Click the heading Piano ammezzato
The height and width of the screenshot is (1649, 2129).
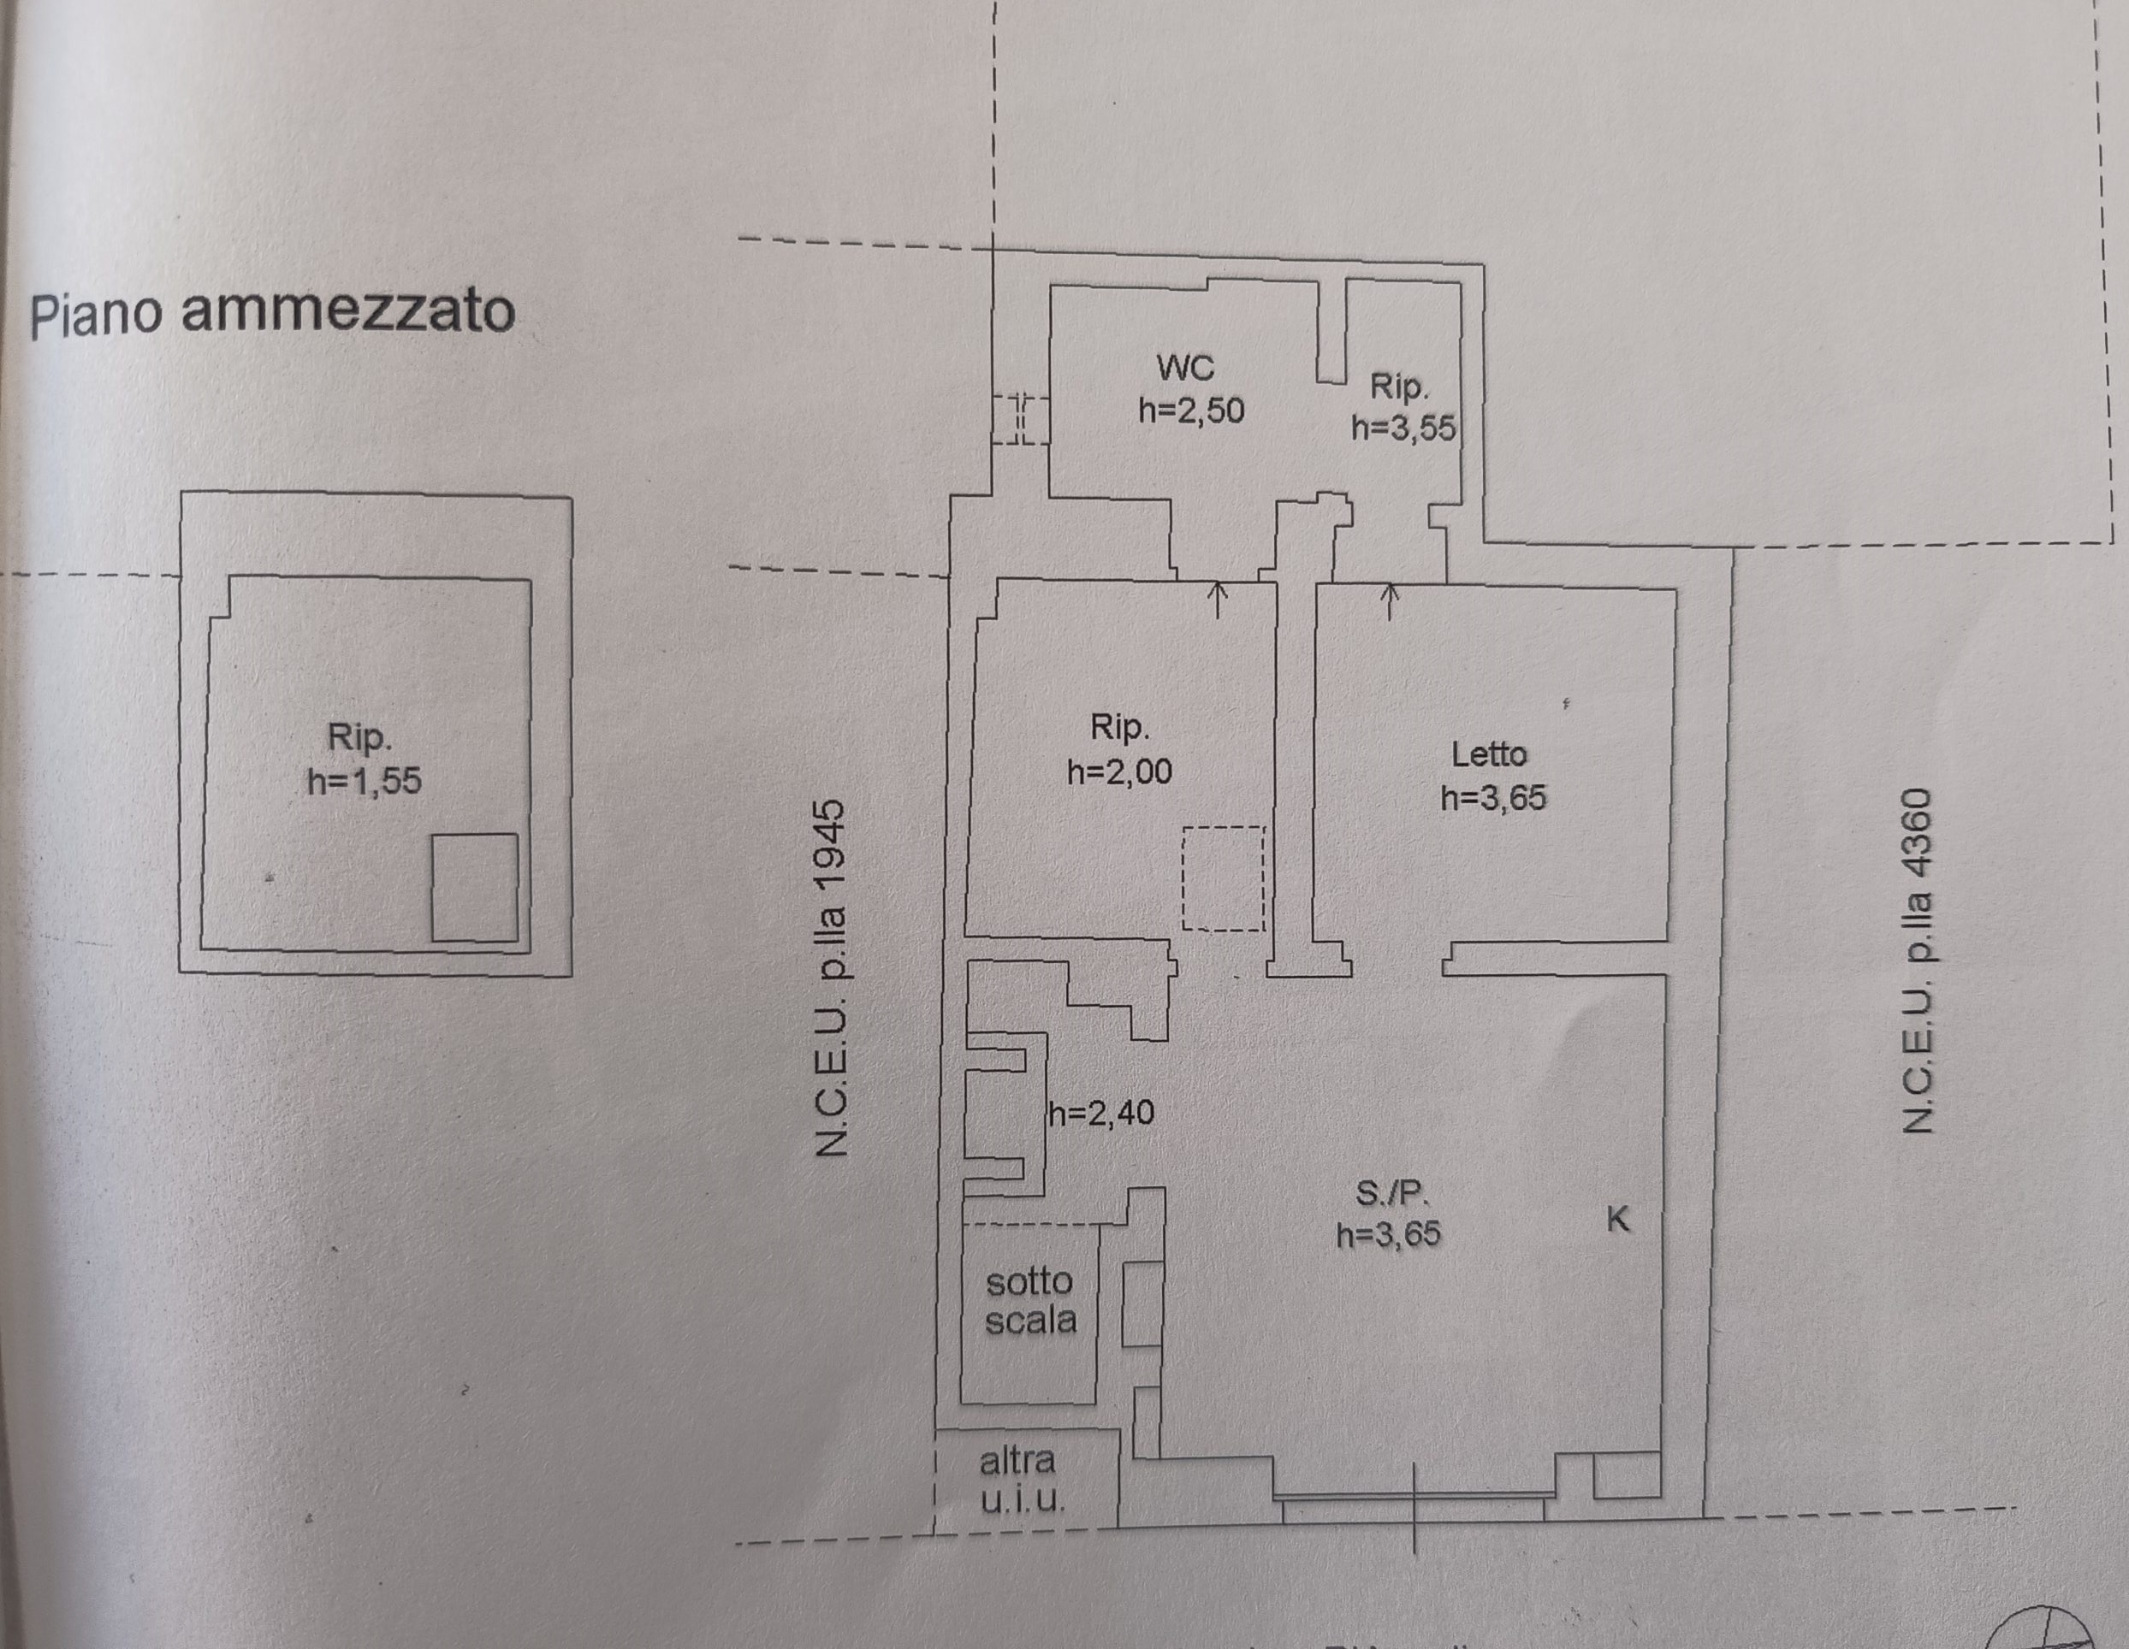[272, 313]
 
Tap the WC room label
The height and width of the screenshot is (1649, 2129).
[1185, 368]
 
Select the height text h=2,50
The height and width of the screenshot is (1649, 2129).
[1191, 411]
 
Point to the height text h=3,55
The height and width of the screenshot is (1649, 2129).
[1403, 428]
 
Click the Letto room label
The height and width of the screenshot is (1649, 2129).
[1489, 754]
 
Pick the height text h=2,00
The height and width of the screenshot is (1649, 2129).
[1119, 771]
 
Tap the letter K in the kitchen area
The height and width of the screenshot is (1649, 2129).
[1618, 1219]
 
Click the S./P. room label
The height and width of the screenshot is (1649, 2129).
[1392, 1193]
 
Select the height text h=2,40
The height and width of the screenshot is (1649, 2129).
[1101, 1112]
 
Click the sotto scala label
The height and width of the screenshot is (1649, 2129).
[1030, 1300]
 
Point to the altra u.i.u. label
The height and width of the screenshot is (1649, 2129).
[1021, 1480]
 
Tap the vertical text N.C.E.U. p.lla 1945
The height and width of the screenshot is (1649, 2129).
[831, 978]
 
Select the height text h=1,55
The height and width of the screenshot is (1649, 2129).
[365, 781]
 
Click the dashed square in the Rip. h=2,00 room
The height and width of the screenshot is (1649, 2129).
[1224, 878]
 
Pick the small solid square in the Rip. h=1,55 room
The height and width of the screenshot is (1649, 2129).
[475, 888]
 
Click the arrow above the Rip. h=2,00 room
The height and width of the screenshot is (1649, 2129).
[1218, 600]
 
